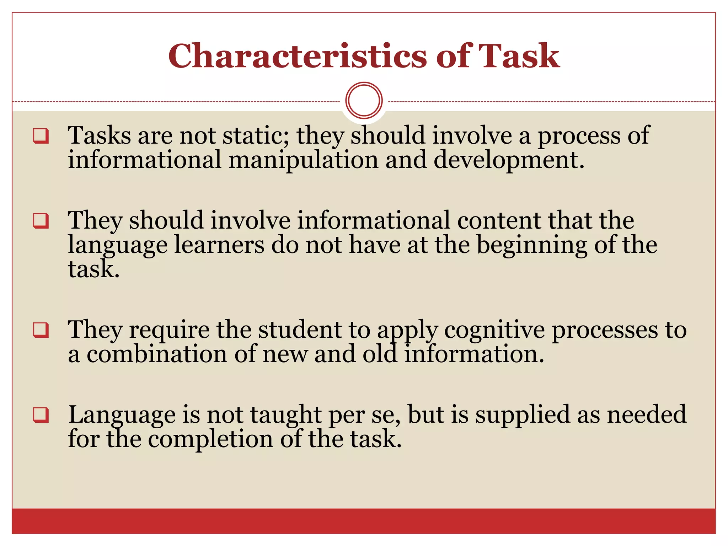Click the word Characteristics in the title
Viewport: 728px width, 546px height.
coord(298,56)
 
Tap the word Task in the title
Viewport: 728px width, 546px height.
coord(519,56)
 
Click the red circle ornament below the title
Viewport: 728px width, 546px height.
coord(364,100)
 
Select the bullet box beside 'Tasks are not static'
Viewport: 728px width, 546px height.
coord(41,136)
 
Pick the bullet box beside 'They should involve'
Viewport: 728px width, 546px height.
coord(41,221)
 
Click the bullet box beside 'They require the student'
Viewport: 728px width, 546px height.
coord(41,330)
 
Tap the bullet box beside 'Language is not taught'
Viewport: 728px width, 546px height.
coord(41,415)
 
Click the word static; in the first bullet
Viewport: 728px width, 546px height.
coord(256,136)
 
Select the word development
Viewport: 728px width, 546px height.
coord(509,160)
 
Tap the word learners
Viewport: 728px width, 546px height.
coord(219,245)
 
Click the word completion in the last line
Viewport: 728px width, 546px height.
coord(210,439)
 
